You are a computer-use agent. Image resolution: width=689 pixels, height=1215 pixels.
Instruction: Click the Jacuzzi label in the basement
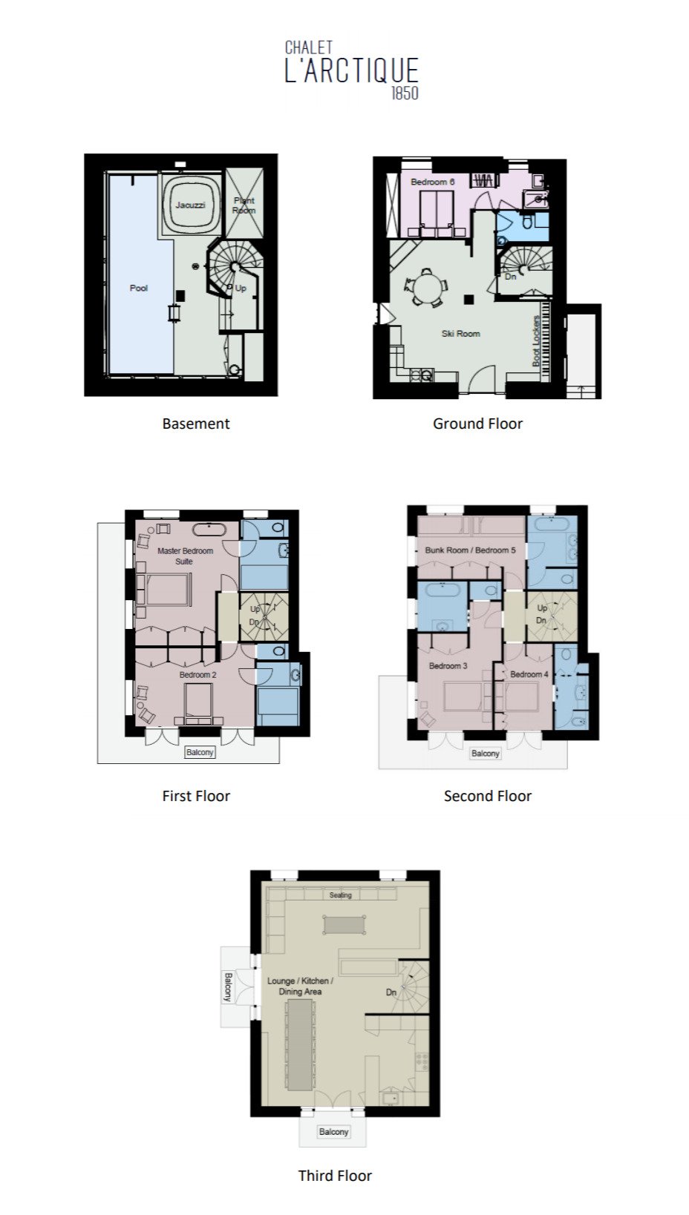coord(190,205)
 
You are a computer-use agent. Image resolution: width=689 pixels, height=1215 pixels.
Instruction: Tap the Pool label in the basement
coord(138,288)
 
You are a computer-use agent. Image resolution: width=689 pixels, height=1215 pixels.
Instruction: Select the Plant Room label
coord(244,205)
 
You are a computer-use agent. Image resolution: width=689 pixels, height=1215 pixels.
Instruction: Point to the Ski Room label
coord(460,334)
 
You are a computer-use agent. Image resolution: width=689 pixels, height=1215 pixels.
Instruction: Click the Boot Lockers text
coord(537,340)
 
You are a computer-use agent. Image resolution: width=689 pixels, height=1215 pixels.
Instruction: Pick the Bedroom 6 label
coord(432,182)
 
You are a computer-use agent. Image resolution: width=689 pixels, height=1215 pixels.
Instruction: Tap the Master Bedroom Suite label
coord(185,556)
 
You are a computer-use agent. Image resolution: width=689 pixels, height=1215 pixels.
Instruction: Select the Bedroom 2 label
coord(197,675)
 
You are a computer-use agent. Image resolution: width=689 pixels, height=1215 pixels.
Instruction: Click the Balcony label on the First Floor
coord(200,752)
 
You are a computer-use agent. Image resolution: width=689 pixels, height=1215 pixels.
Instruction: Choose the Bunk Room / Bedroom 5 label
coord(470,550)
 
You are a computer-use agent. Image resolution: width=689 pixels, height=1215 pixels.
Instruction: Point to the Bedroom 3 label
coord(448,665)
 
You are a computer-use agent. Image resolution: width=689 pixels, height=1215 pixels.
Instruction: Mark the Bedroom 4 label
coord(529,674)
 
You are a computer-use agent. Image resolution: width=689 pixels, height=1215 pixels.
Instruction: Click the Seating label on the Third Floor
coord(341,895)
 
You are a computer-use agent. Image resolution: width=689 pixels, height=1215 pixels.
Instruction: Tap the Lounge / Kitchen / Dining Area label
coord(300,986)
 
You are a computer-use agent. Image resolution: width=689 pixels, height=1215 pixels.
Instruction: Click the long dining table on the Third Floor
coord(300,1045)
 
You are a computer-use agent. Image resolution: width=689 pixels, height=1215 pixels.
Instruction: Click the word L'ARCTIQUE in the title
coord(352,70)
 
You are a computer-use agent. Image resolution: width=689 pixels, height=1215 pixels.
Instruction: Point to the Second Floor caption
coord(488,796)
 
